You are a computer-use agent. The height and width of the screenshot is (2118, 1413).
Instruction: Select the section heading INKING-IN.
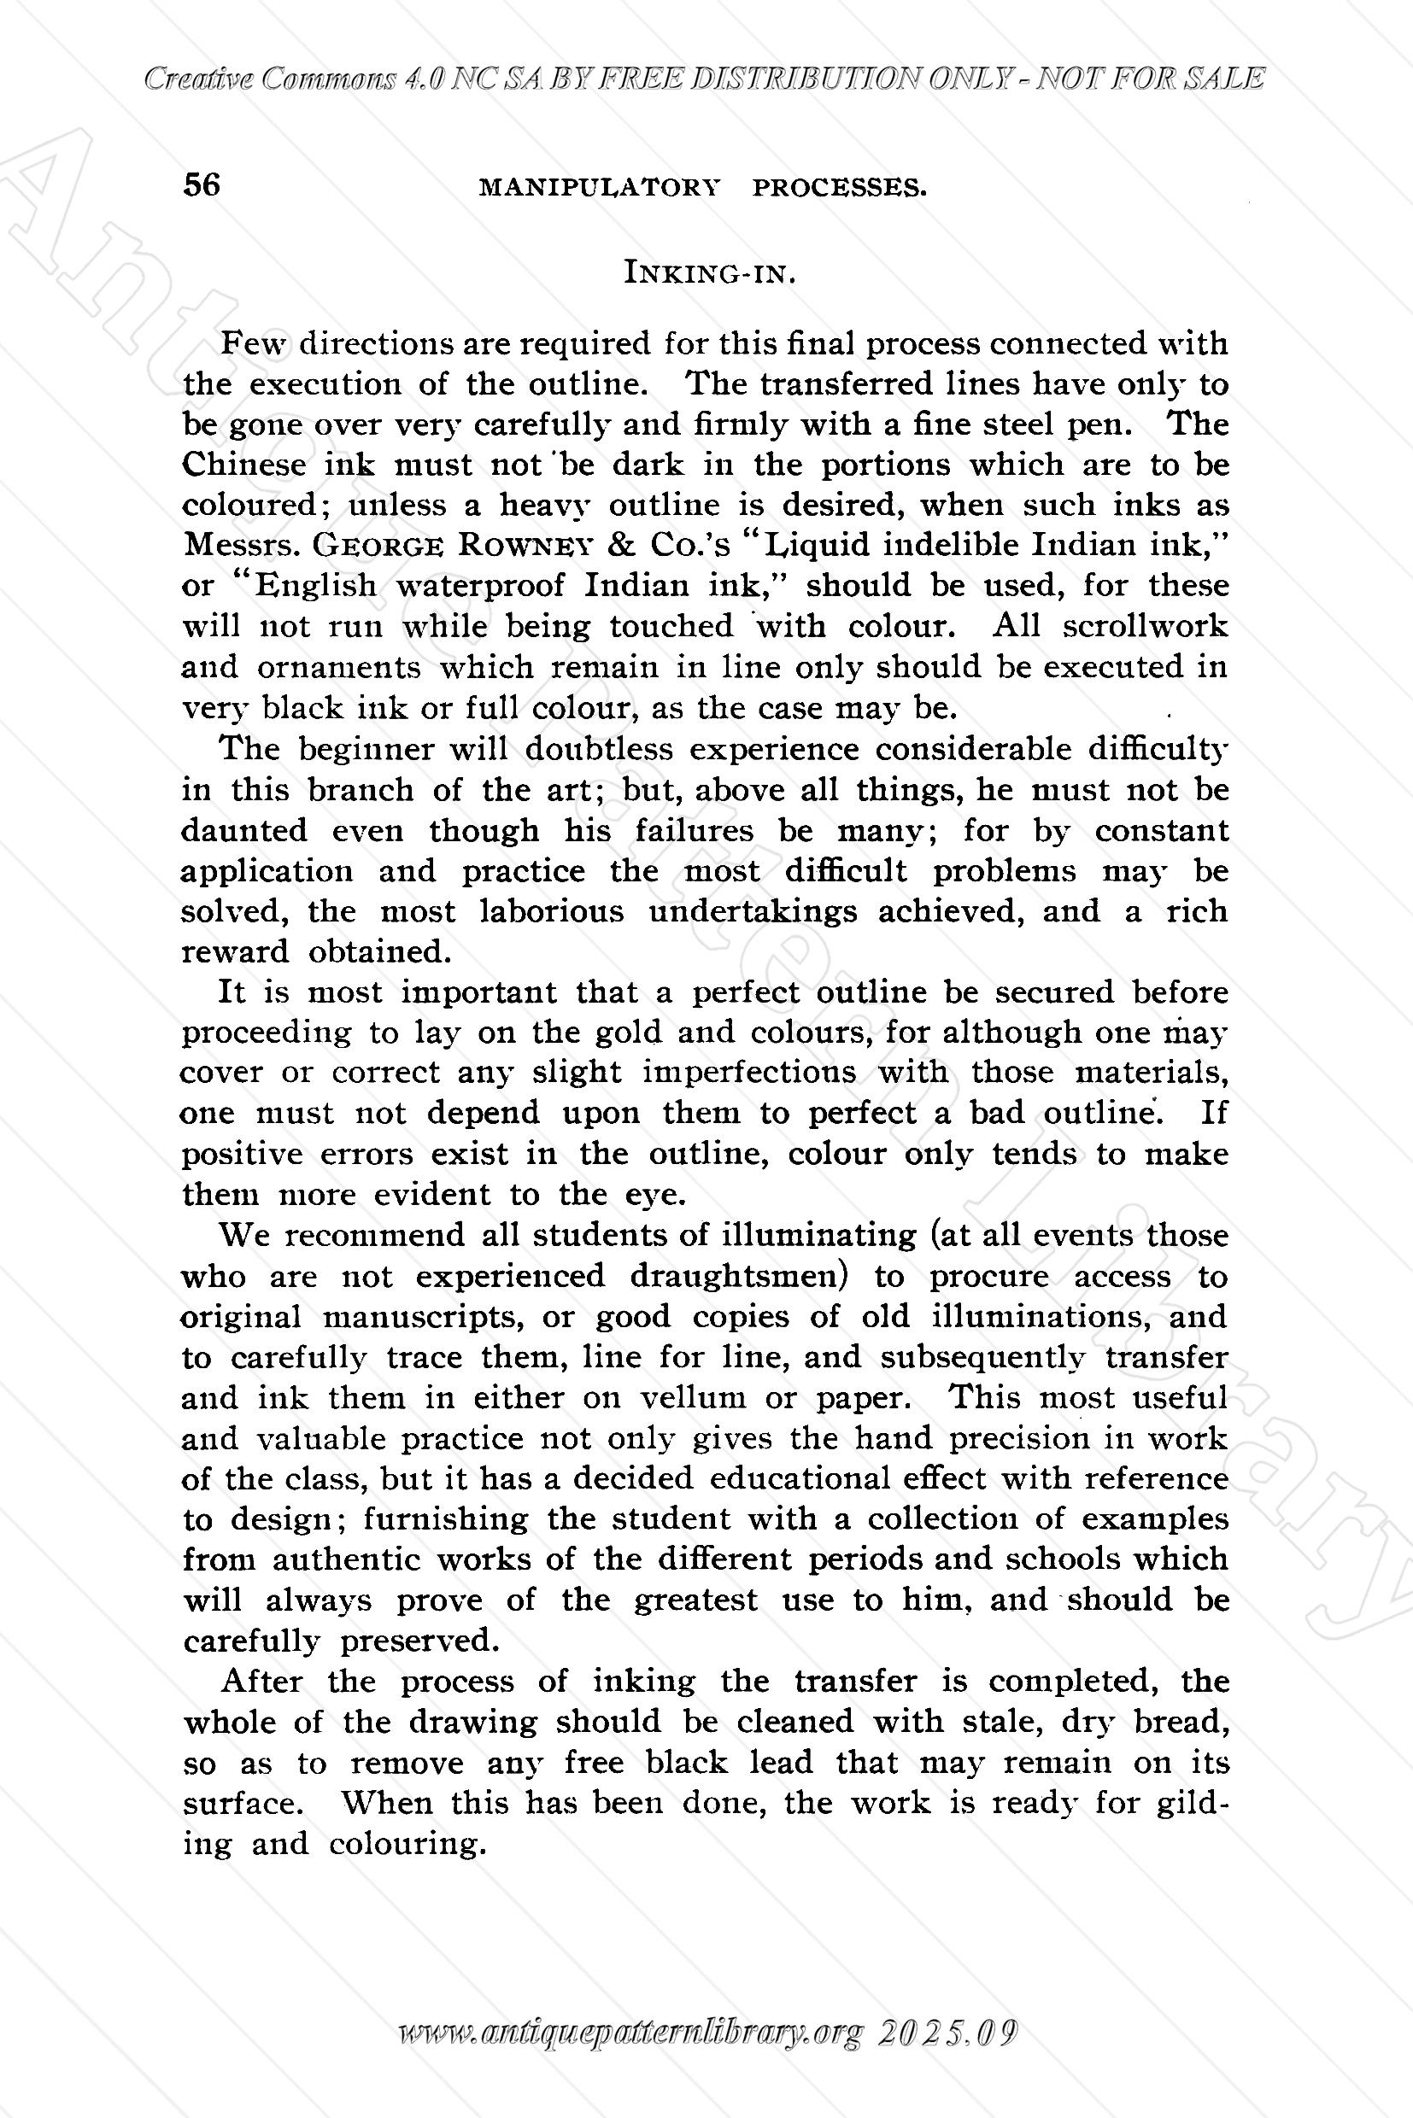pyautogui.click(x=709, y=272)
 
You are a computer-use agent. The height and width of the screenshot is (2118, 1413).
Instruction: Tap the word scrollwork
pyautogui.click(x=1145, y=626)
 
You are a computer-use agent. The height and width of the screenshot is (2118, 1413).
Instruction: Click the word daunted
pyautogui.click(x=244, y=830)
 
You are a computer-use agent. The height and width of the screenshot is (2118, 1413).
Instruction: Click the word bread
pyautogui.click(x=1181, y=1722)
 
